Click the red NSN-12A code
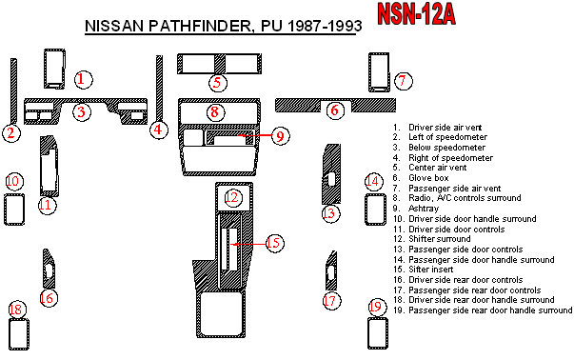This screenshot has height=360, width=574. [x=416, y=14]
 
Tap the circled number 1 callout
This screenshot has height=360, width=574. [x=83, y=79]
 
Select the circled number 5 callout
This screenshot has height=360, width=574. [x=218, y=83]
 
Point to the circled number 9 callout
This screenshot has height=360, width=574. [x=281, y=136]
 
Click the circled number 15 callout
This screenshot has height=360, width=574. [x=274, y=243]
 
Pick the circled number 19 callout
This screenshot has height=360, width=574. [x=376, y=307]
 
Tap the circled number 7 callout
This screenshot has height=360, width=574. [x=403, y=81]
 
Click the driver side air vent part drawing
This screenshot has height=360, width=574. [x=54, y=69]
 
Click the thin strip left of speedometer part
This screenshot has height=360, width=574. [x=13, y=90]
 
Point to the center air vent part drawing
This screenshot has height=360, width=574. [x=219, y=64]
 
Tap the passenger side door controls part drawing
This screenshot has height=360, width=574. [x=331, y=174]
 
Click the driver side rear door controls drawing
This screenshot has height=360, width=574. [x=49, y=270]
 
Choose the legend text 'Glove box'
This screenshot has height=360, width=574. [x=428, y=178]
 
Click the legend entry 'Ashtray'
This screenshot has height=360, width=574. [x=424, y=209]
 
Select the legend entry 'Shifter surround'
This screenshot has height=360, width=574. [x=440, y=239]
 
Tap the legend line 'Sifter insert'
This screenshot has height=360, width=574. [x=431, y=270]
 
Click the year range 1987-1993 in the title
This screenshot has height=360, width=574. [x=325, y=26]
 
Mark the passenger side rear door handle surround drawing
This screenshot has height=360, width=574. [x=378, y=333]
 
